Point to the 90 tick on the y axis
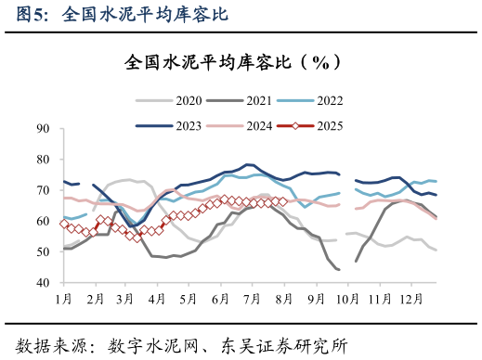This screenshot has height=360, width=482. (x=43, y=129)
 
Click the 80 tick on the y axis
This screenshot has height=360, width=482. (x=43, y=160)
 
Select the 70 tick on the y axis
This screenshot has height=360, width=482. (x=43, y=190)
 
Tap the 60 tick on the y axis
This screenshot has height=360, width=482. (x=43, y=221)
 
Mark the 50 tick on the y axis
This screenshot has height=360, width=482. (x=43, y=251)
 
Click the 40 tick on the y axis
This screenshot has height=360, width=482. (x=43, y=282)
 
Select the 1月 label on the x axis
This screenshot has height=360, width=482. (x=64, y=300)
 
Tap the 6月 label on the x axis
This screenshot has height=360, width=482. (x=220, y=300)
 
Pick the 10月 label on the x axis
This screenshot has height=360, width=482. (x=348, y=300)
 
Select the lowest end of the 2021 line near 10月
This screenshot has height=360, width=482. (x=338, y=270)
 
